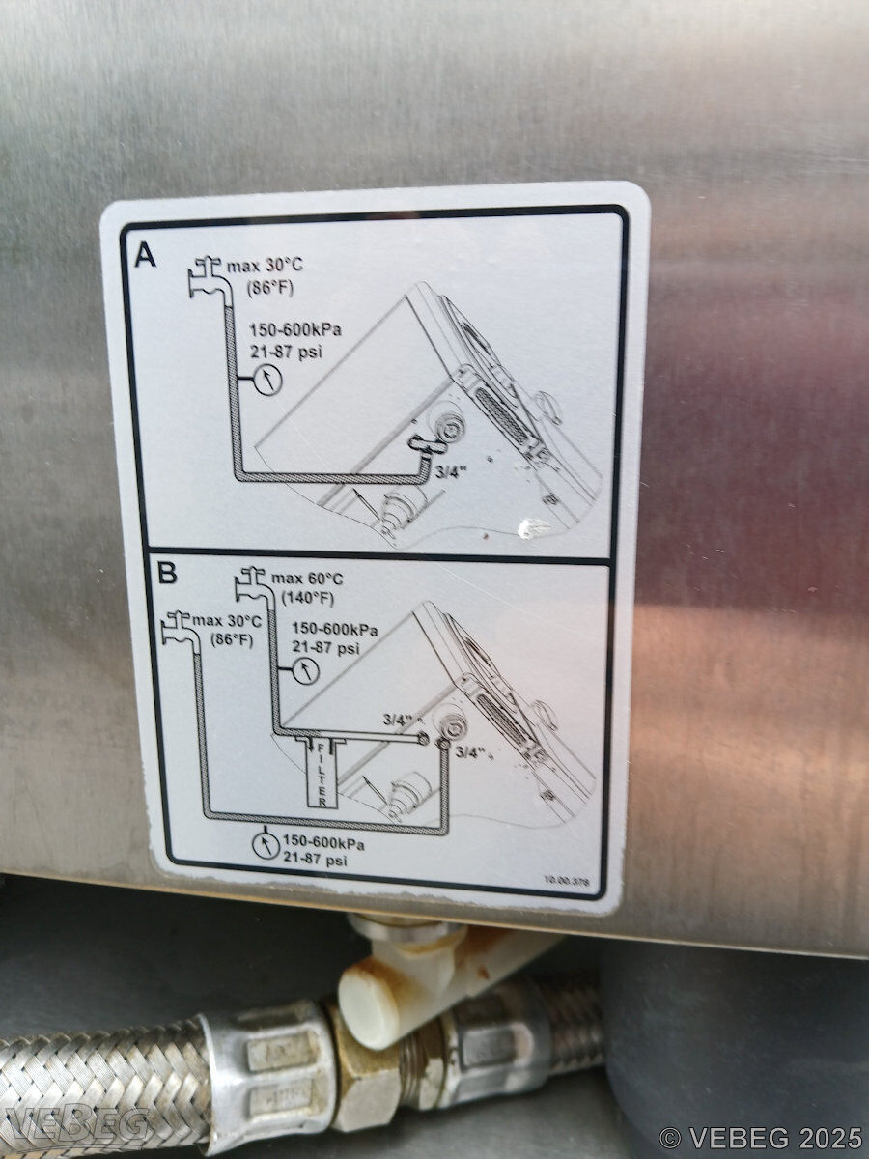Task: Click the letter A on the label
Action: click(x=146, y=255)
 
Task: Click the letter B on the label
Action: click(x=167, y=574)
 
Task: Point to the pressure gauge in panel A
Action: click(x=268, y=381)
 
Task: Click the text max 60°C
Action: click(x=307, y=579)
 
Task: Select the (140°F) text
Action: click(x=307, y=598)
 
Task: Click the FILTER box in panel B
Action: click(x=322, y=777)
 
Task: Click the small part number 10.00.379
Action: click(x=567, y=880)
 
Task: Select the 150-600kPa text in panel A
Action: click(x=295, y=330)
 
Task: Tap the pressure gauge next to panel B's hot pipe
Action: click(x=306, y=671)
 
